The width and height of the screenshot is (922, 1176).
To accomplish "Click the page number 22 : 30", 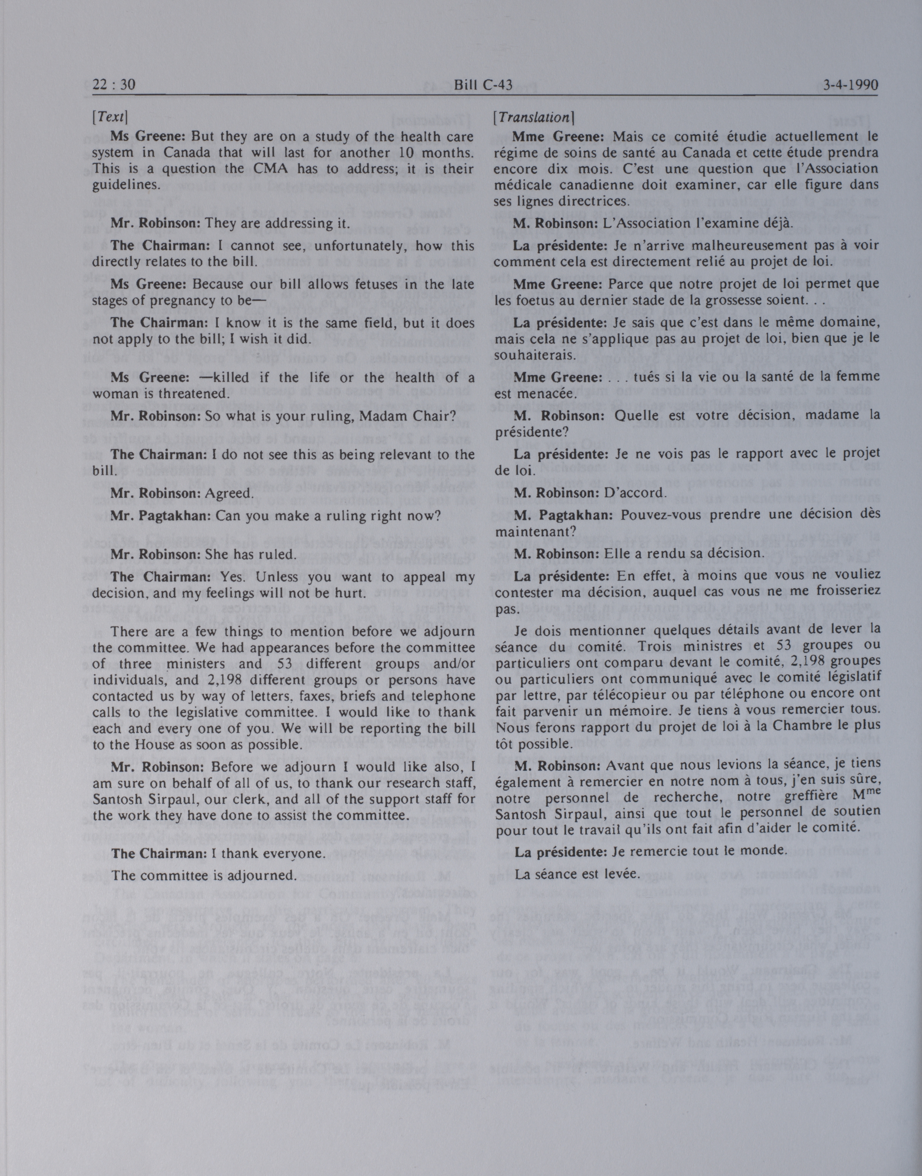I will [113, 85].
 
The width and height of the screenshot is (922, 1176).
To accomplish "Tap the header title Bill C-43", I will [483, 85].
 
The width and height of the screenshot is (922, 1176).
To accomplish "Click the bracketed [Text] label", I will [110, 116].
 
